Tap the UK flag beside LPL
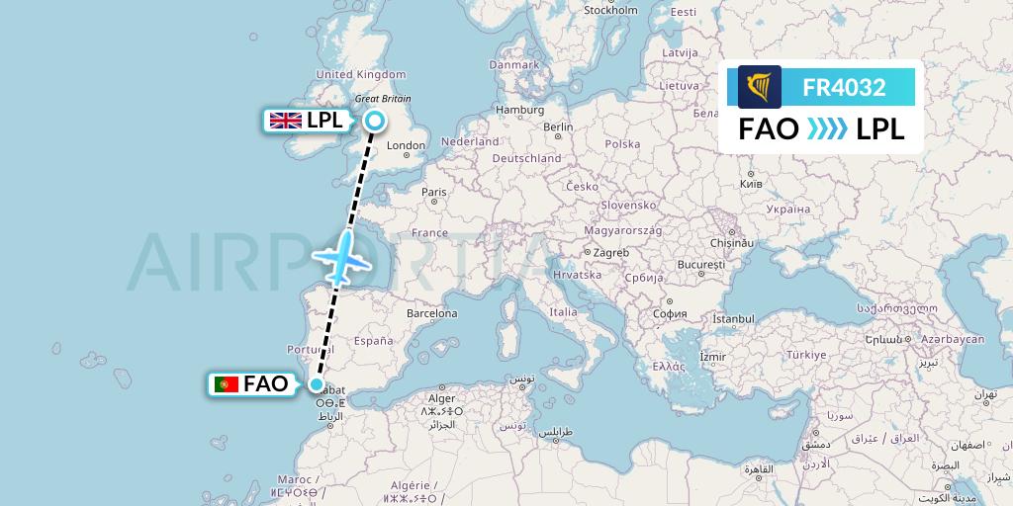pos(286,121)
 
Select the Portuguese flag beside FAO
pos(227,384)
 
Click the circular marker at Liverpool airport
pos(375,121)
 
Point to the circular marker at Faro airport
pos(317,384)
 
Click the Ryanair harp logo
pos(759,87)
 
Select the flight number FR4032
pos(844,87)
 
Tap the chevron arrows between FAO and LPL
pos(827,129)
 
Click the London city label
pos(406,146)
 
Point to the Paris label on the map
pos(434,192)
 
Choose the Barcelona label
pos(431,313)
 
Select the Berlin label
pos(558,126)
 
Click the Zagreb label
pos(611,252)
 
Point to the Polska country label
pos(622,143)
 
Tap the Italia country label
pos(563,312)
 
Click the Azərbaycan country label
pos(952,339)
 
